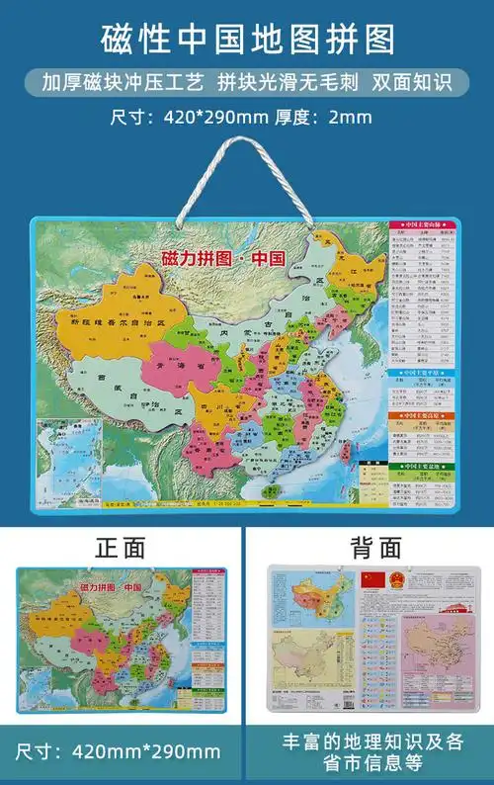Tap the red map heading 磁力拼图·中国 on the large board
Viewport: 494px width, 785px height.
tap(222, 259)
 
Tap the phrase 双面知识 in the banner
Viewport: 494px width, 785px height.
tap(412, 82)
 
